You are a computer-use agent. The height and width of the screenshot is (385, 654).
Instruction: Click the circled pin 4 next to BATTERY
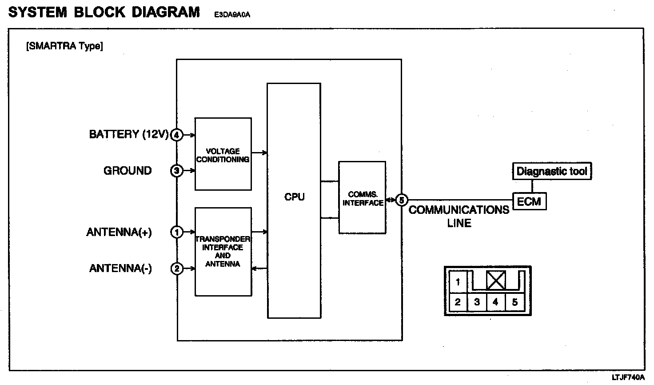(177, 135)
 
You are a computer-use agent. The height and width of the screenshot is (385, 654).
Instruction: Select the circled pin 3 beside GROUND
(177, 171)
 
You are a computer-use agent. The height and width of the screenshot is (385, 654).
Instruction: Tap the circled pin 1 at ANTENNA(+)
(177, 232)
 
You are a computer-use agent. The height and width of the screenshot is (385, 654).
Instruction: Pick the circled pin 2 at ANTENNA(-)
(177, 269)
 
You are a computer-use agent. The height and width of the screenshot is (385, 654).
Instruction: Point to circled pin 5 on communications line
(402, 201)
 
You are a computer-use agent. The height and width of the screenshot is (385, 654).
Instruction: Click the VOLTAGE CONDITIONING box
(223, 154)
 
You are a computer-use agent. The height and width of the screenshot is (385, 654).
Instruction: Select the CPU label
(294, 197)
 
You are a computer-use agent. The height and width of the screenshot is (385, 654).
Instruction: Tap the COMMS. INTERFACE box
(362, 198)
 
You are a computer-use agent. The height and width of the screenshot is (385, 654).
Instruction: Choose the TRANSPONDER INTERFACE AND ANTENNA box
(223, 251)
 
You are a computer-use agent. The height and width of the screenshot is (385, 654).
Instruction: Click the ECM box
(529, 202)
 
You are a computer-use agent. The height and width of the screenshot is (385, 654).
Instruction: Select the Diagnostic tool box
(552, 172)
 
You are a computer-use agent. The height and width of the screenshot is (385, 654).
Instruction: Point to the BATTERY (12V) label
(129, 135)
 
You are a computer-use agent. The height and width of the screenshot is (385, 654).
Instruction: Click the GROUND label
(128, 171)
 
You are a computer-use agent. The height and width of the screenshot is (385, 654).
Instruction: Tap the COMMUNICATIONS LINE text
(459, 216)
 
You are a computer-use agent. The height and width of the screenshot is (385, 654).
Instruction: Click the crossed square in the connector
(496, 281)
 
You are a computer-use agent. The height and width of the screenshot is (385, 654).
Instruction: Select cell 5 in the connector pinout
(515, 303)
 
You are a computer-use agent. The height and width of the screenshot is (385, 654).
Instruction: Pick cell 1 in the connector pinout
(458, 282)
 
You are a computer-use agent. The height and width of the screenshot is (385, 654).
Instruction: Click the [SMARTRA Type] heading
(65, 46)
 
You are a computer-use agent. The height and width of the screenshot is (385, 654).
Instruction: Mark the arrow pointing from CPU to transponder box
(259, 269)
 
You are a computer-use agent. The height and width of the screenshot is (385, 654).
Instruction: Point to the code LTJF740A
(628, 377)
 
